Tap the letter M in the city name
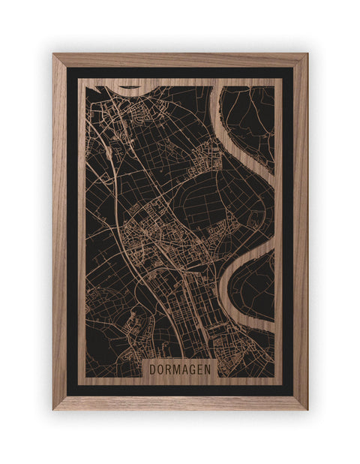point(175,369)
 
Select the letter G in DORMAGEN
point(191,369)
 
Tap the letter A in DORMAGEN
point(184,369)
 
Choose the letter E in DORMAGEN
point(199,369)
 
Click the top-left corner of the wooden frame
point(54,54)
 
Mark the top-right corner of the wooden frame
point(306,54)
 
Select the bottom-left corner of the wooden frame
point(54,408)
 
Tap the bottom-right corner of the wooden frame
point(306,408)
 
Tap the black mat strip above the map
point(180,73)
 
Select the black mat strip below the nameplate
point(180,390)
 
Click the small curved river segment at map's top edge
point(130,86)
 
